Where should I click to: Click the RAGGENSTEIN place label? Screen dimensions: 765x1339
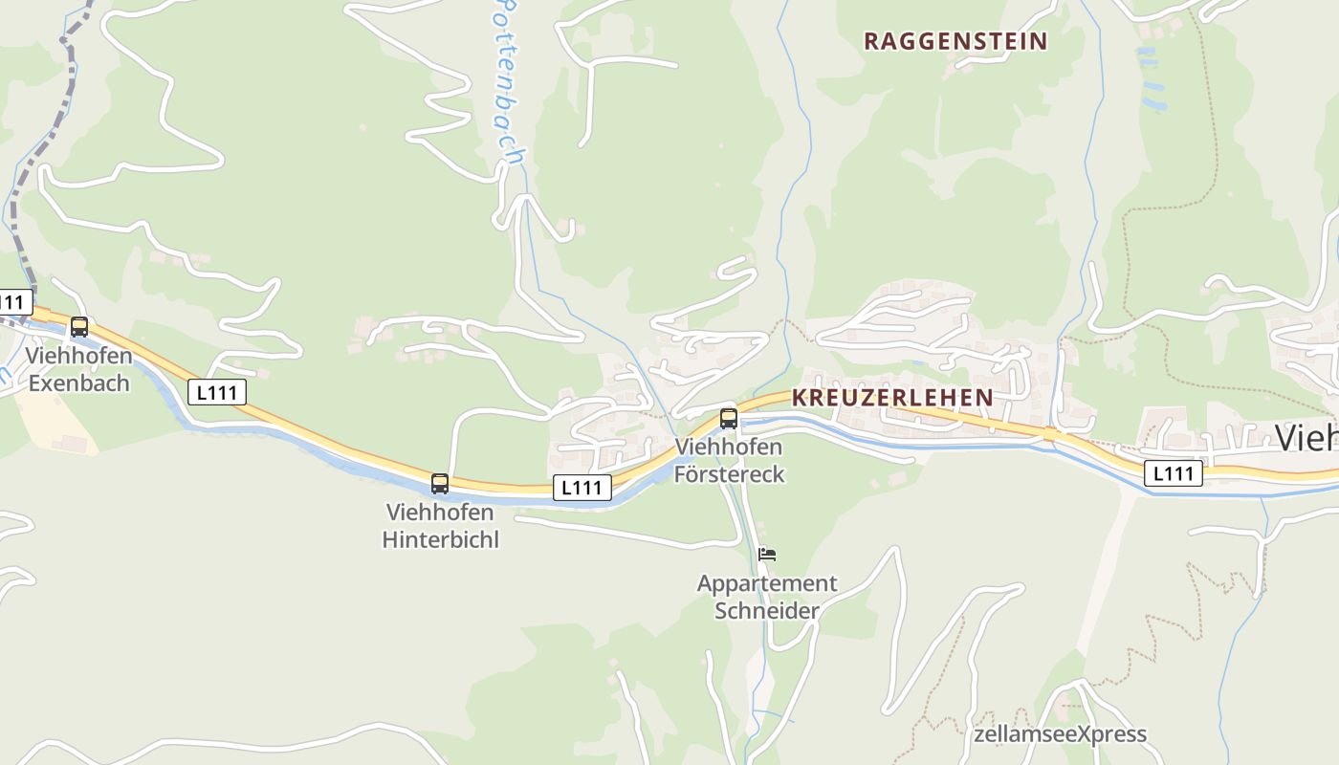(955, 41)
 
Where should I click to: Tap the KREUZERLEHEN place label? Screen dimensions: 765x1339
(892, 397)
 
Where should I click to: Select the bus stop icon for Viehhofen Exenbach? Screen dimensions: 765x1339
(79, 327)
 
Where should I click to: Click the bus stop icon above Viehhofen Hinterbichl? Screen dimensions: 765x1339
(440, 484)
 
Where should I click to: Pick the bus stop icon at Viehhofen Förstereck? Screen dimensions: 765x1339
(729, 418)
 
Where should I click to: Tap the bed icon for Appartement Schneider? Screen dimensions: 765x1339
(766, 554)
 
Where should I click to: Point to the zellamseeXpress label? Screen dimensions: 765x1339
(1060, 734)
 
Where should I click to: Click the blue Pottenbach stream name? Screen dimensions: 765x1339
(507, 81)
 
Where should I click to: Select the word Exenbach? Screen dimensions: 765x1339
(79, 383)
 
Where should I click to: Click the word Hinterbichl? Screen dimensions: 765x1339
(440, 539)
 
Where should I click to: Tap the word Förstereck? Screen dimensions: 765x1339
(729, 473)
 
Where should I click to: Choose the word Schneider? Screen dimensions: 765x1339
(767, 610)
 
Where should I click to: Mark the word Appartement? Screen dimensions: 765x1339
(767, 583)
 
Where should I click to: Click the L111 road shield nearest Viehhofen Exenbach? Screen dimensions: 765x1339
(217, 391)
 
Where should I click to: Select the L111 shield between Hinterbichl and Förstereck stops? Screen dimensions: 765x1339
(582, 488)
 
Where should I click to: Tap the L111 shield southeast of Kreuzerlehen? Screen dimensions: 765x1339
(1174, 472)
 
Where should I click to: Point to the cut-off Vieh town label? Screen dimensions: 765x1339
(1306, 438)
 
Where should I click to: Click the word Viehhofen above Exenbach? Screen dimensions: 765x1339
(78, 356)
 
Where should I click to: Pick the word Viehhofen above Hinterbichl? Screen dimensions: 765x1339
(440, 513)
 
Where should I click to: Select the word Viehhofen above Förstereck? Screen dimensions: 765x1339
(729, 447)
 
